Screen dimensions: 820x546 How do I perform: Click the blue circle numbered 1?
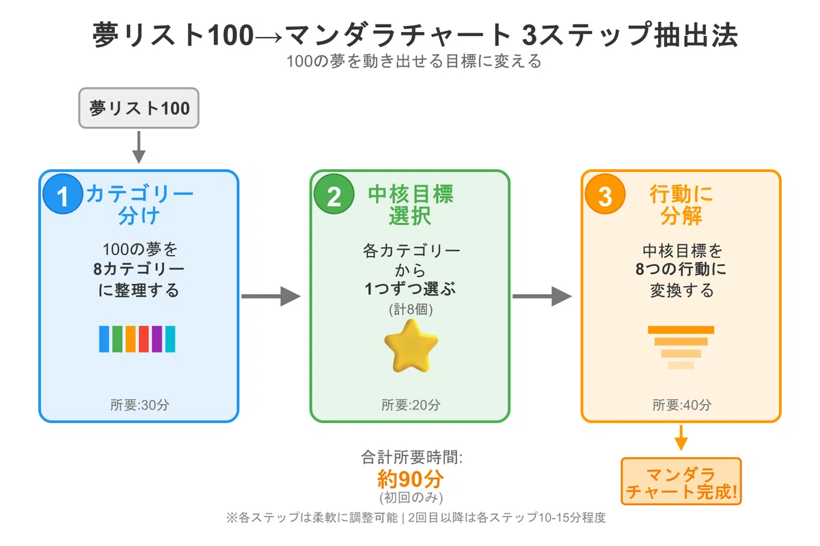pos(63,194)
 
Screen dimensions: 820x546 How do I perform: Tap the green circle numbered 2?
pos(334,194)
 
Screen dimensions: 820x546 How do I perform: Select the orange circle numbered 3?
pos(605,194)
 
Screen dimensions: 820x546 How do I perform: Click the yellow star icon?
pos(411,346)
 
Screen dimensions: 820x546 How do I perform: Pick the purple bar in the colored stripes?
pos(157,339)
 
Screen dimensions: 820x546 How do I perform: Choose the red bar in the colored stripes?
pos(144,339)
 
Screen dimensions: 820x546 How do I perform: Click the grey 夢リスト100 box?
pos(139,108)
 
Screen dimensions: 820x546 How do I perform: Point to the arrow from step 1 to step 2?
pos(271,296)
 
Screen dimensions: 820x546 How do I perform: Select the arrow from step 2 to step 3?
pos(542,296)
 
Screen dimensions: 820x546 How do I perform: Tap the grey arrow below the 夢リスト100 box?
pos(139,147)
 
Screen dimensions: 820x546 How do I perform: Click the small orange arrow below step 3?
pos(681,437)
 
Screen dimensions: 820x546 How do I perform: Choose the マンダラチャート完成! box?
pos(681,481)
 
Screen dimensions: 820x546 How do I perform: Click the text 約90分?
pos(411,478)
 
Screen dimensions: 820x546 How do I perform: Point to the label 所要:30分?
pos(140,405)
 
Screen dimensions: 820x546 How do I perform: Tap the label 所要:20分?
pos(411,405)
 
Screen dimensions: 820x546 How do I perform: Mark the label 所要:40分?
pos(682,405)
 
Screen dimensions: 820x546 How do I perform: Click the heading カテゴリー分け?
pos(139,205)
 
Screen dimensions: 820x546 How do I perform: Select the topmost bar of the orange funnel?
pos(681,330)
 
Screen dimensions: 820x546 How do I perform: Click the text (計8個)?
pos(411,309)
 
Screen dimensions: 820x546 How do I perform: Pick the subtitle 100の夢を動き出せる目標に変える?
pos(413,61)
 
